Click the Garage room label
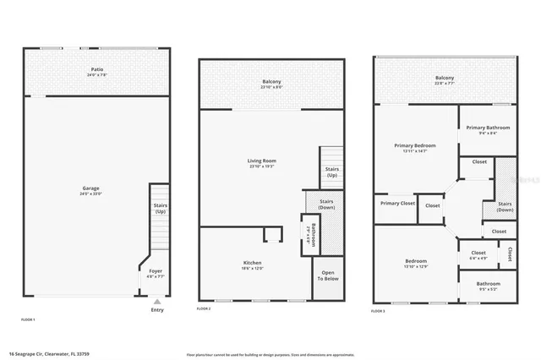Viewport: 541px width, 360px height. tap(90, 190)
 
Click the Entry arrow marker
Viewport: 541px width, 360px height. tap(156, 301)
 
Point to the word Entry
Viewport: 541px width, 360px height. tap(157, 310)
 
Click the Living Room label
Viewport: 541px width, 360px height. tap(263, 161)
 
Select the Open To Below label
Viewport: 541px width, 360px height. tap(328, 276)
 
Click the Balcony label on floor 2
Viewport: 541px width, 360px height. tap(271, 81)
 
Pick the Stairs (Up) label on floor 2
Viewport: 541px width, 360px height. tap(332, 172)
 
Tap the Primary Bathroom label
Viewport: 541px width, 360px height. tap(488, 128)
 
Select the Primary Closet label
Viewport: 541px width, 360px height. tap(396, 203)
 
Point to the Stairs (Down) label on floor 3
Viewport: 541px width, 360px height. tap(505, 206)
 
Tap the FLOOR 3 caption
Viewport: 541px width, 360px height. tap(379, 312)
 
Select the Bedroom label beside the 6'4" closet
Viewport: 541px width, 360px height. tap(415, 262)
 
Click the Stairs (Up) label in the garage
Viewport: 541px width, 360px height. tap(160, 208)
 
